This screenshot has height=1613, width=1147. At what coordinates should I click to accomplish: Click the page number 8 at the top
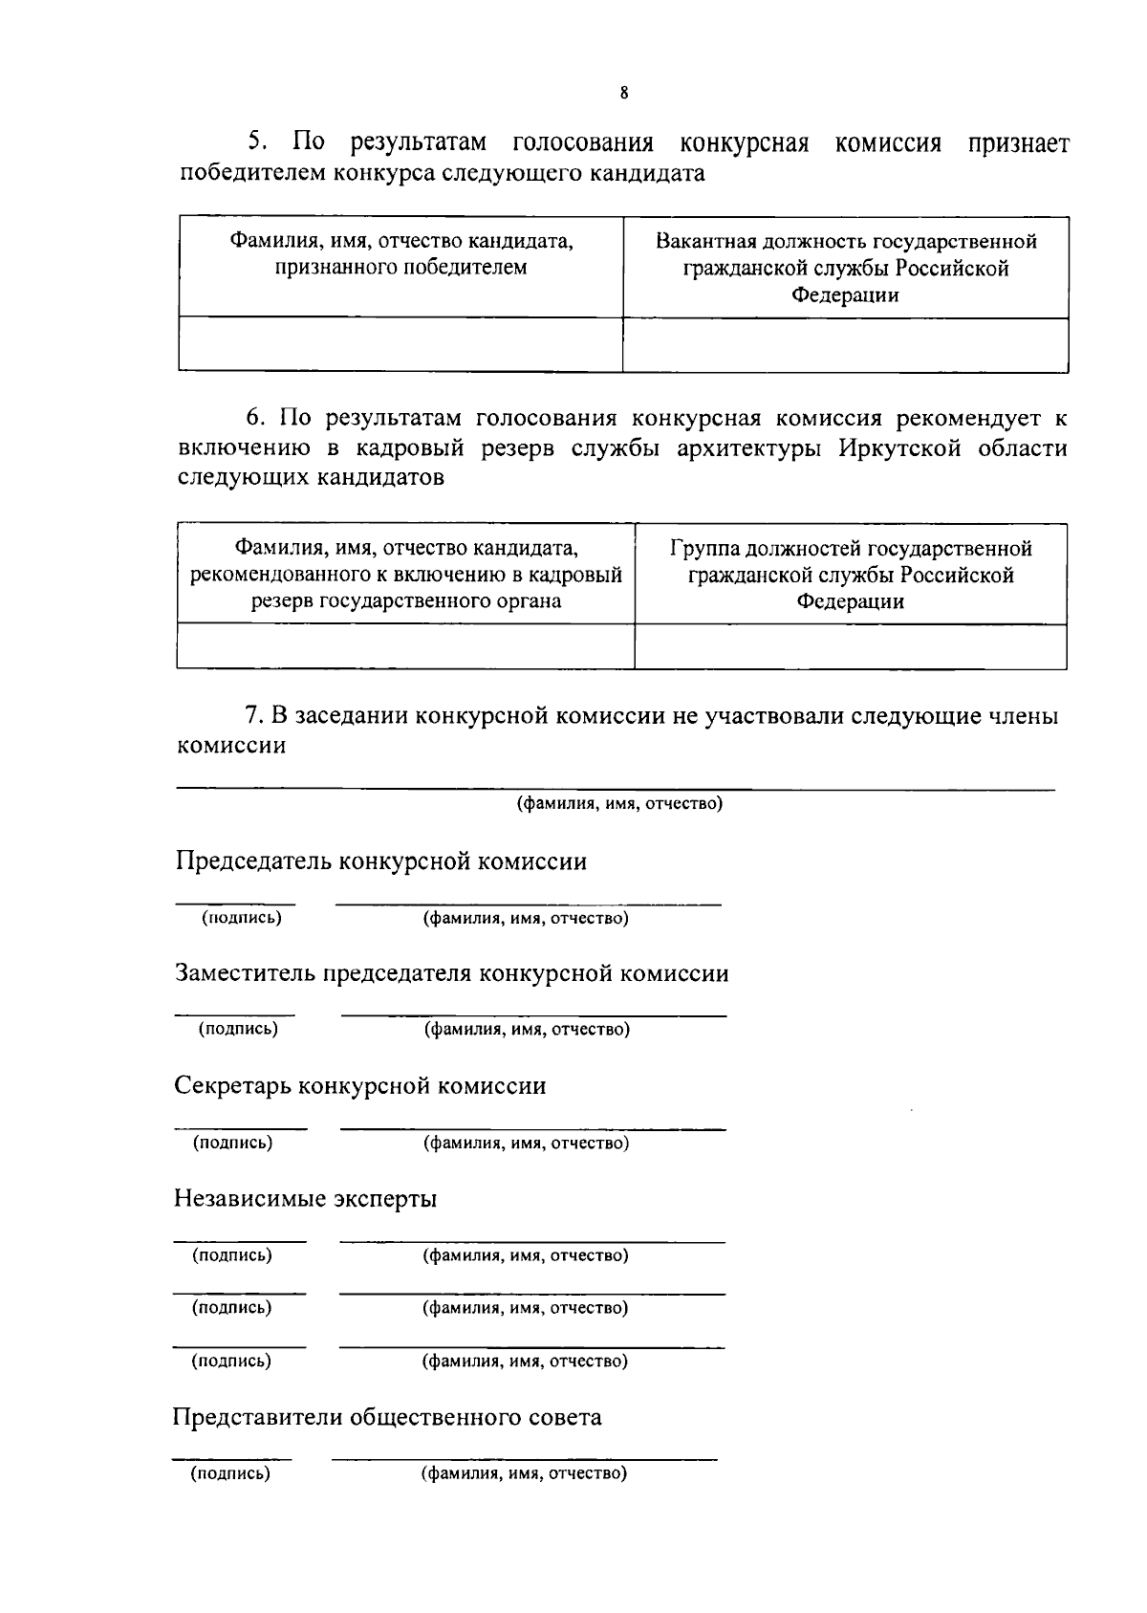(624, 93)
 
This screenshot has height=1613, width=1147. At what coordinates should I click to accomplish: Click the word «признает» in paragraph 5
(1018, 143)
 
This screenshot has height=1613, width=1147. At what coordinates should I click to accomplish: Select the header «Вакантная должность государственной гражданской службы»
(846, 268)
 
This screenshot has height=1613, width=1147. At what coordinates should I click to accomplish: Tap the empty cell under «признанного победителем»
(400, 344)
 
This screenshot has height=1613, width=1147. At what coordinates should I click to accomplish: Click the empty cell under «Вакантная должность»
(846, 344)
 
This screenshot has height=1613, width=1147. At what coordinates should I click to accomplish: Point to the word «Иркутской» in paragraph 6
(899, 448)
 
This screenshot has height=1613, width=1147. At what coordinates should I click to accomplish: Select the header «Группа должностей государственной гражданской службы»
(851, 575)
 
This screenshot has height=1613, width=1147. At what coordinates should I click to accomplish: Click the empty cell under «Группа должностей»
(851, 646)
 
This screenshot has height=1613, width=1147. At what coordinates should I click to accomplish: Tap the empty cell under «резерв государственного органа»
(406, 646)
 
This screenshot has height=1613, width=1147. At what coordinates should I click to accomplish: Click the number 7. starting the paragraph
(254, 716)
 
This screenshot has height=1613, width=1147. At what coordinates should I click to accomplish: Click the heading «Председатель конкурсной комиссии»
(380, 861)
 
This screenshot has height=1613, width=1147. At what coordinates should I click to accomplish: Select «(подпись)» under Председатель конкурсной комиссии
(241, 918)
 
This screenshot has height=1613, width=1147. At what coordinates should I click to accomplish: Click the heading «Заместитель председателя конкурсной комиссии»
(451, 973)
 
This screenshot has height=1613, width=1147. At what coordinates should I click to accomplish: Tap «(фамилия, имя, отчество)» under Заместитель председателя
(527, 1030)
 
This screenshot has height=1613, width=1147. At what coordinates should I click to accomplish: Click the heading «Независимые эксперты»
(305, 1198)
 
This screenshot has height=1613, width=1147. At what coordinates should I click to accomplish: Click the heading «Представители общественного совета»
(387, 1416)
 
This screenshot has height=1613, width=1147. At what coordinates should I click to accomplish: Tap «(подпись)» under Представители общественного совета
(230, 1473)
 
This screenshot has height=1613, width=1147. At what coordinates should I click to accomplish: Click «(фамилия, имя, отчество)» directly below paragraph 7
(619, 803)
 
